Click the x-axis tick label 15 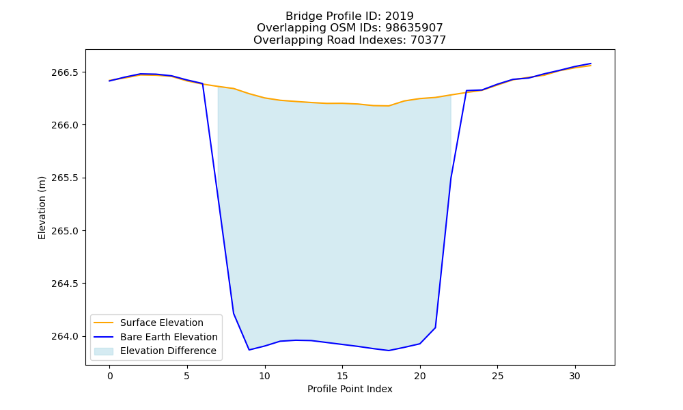[x=342, y=376]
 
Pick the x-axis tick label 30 [x=575, y=376]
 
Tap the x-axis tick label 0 [x=110, y=376]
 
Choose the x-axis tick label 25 [x=497, y=376]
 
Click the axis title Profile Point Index [x=350, y=389]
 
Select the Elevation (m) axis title [x=42, y=208]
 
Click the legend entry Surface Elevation [x=162, y=323]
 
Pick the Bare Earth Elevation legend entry [x=169, y=337]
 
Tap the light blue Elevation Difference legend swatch [x=104, y=351]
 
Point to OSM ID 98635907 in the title [x=414, y=28]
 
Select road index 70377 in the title [x=428, y=40]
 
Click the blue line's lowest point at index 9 [x=249, y=350]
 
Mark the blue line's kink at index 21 [x=436, y=327]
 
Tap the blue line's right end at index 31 [x=591, y=64]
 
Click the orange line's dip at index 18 [x=389, y=106]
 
